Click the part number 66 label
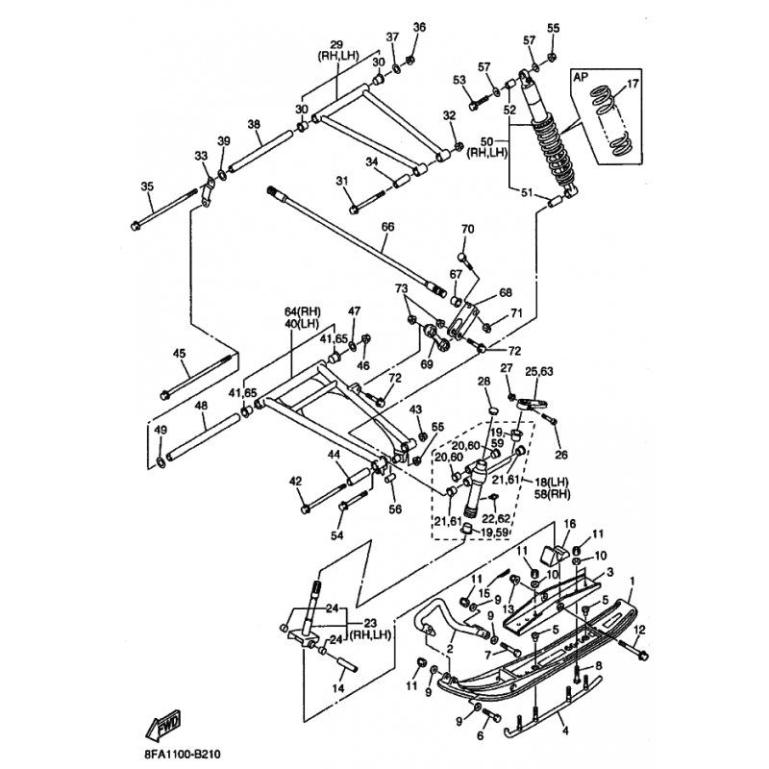click(x=387, y=228)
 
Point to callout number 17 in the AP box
click(x=632, y=85)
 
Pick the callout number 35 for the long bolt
click(x=147, y=186)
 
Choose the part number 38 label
click(x=254, y=124)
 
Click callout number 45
click(x=179, y=354)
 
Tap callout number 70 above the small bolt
click(x=468, y=230)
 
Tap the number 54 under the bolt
click(x=336, y=534)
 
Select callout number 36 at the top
click(x=419, y=27)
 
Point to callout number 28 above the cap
click(x=484, y=383)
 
